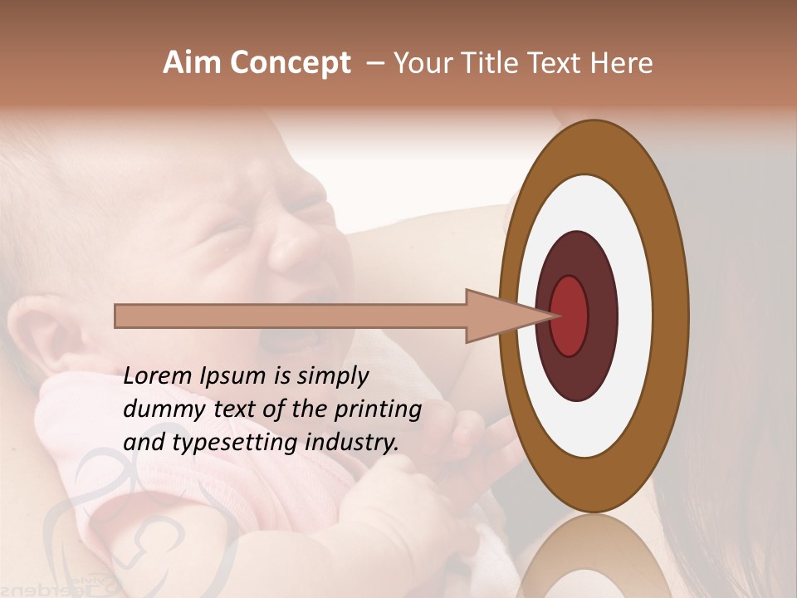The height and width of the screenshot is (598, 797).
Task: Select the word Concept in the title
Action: click(291, 64)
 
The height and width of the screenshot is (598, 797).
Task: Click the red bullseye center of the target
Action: click(570, 316)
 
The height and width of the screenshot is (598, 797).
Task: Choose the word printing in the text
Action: click(380, 410)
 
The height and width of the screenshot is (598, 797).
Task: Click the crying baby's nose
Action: click(291, 249)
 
